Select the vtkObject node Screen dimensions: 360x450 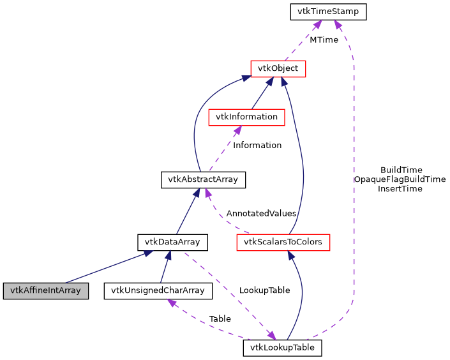278,68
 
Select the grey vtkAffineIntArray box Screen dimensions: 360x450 45,290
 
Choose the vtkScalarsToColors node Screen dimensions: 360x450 283,242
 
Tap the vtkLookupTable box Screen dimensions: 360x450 282,348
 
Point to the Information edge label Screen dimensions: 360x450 257,145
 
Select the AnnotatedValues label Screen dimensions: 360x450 261,213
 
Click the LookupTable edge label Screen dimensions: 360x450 264,290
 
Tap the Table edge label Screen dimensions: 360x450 220,319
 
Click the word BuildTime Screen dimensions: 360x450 400,170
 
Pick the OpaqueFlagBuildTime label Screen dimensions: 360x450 400,179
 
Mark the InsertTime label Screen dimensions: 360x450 400,188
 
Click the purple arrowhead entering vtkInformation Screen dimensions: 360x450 237,130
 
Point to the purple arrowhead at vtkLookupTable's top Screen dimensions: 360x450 272,336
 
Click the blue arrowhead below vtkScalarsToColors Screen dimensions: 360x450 290,255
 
